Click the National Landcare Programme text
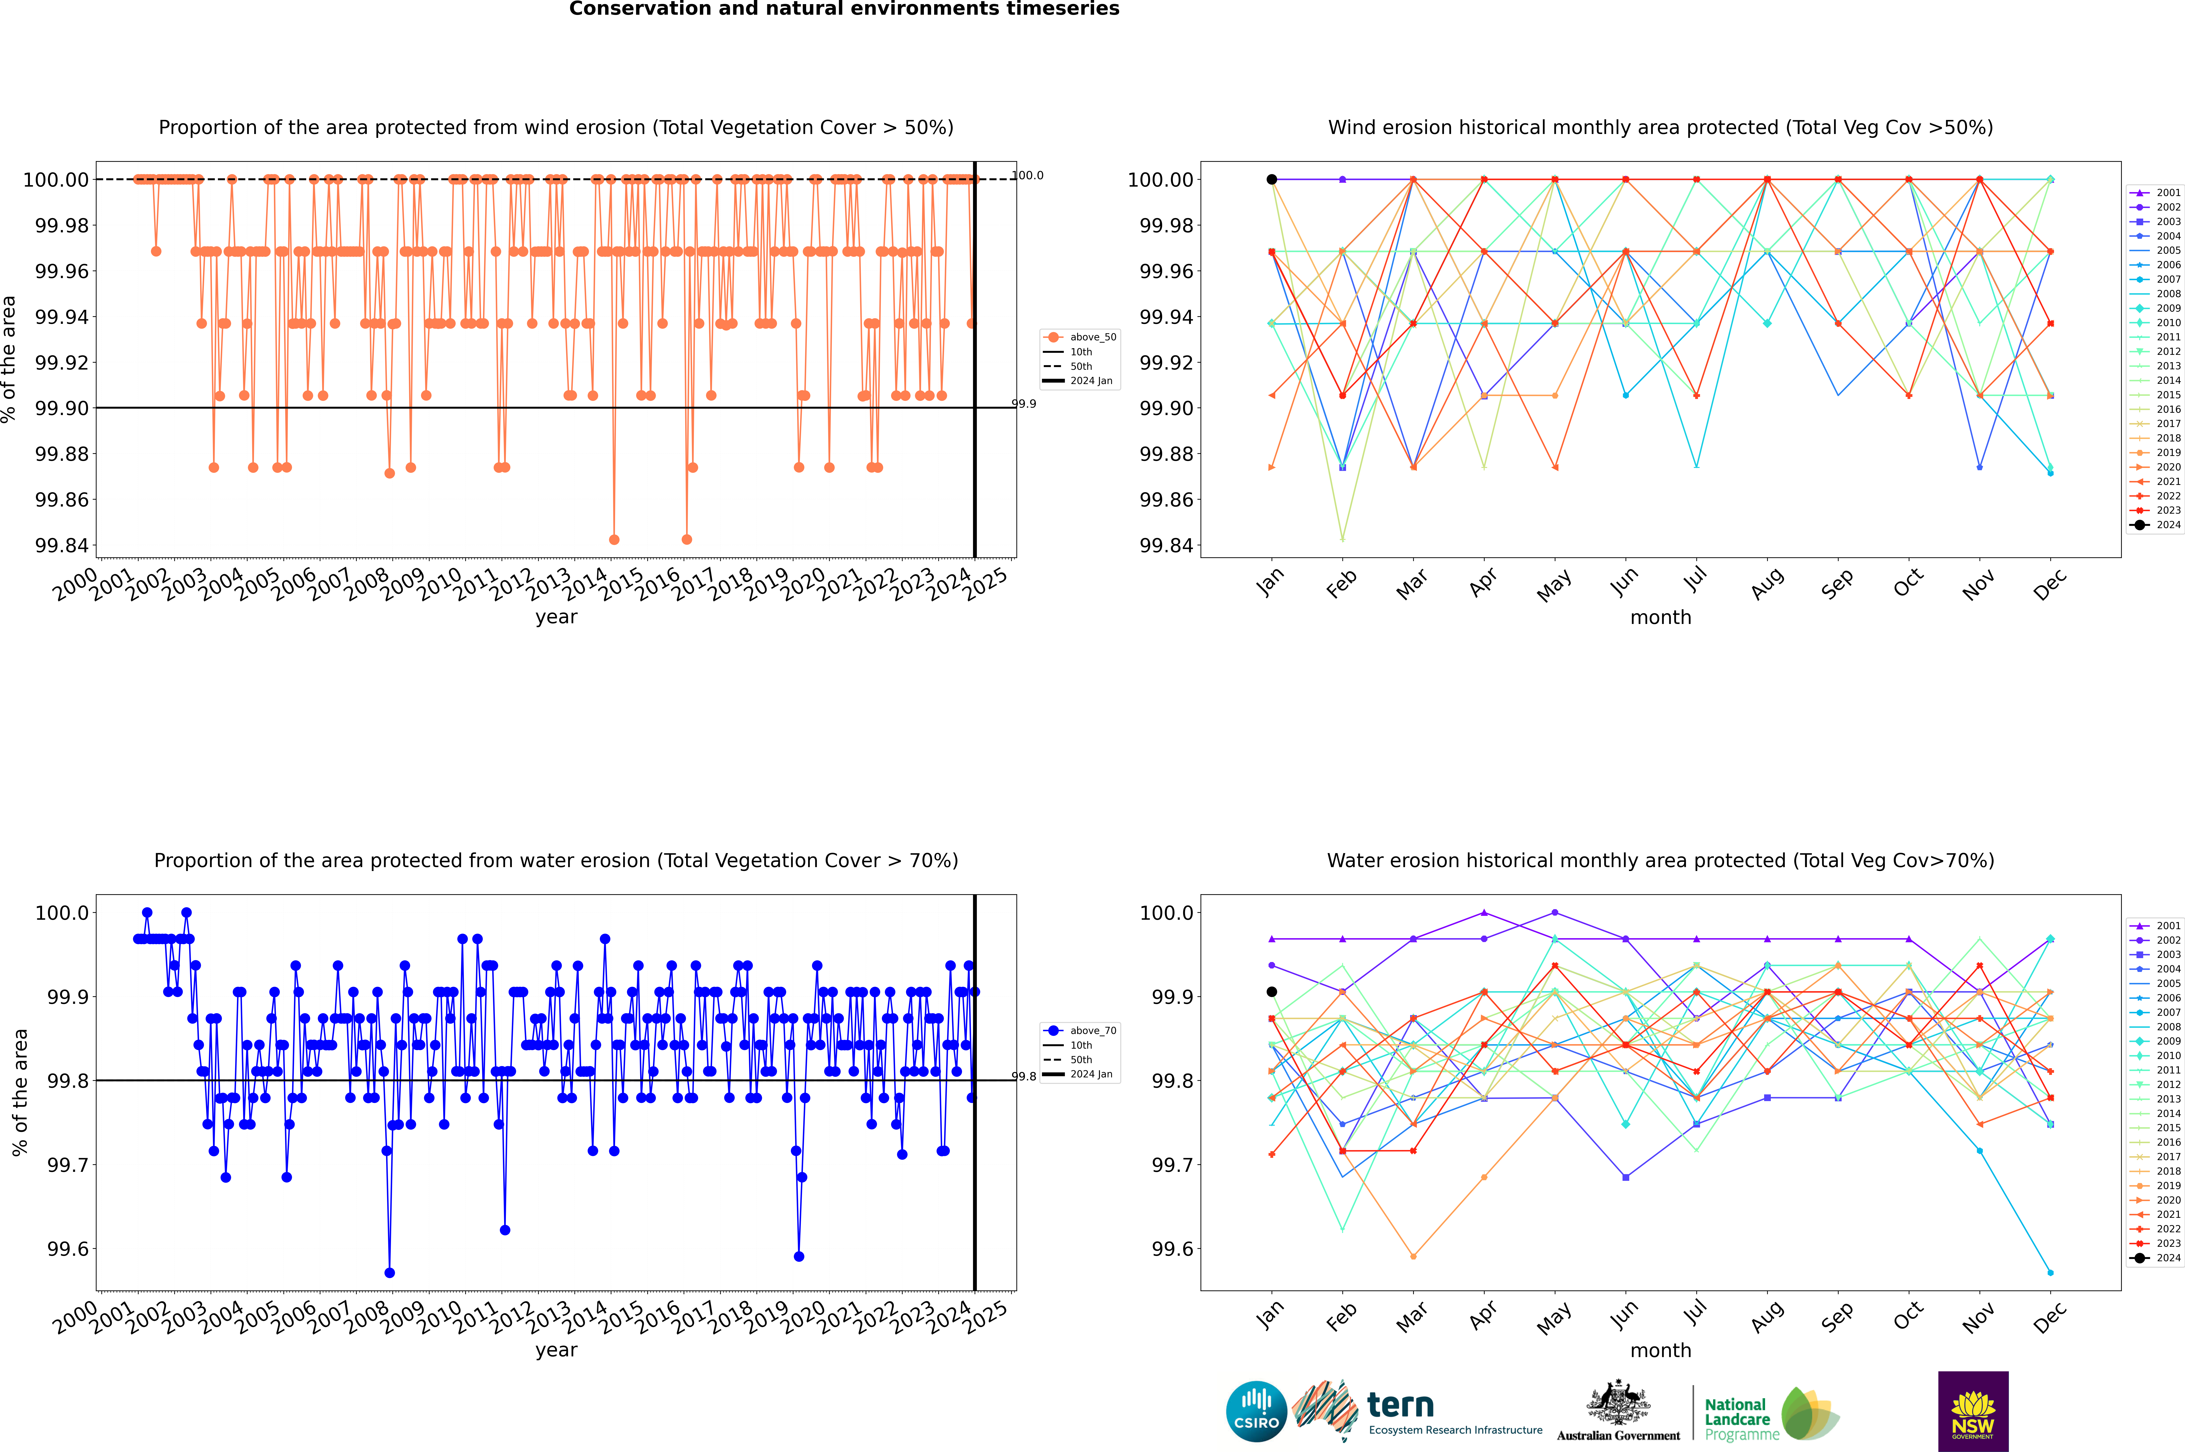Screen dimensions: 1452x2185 tap(1737, 1419)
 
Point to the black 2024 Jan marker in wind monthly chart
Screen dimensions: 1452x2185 tap(1272, 180)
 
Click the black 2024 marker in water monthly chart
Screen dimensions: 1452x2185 tap(1272, 992)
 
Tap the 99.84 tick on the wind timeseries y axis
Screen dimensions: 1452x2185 tap(62, 545)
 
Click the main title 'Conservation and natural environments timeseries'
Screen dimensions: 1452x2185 tap(844, 9)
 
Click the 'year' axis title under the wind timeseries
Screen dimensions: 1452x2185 tap(556, 617)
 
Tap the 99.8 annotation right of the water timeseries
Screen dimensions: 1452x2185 tap(1024, 1077)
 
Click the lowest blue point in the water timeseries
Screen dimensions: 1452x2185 tap(390, 1273)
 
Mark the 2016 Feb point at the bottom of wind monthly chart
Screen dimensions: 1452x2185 tap(1342, 539)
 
